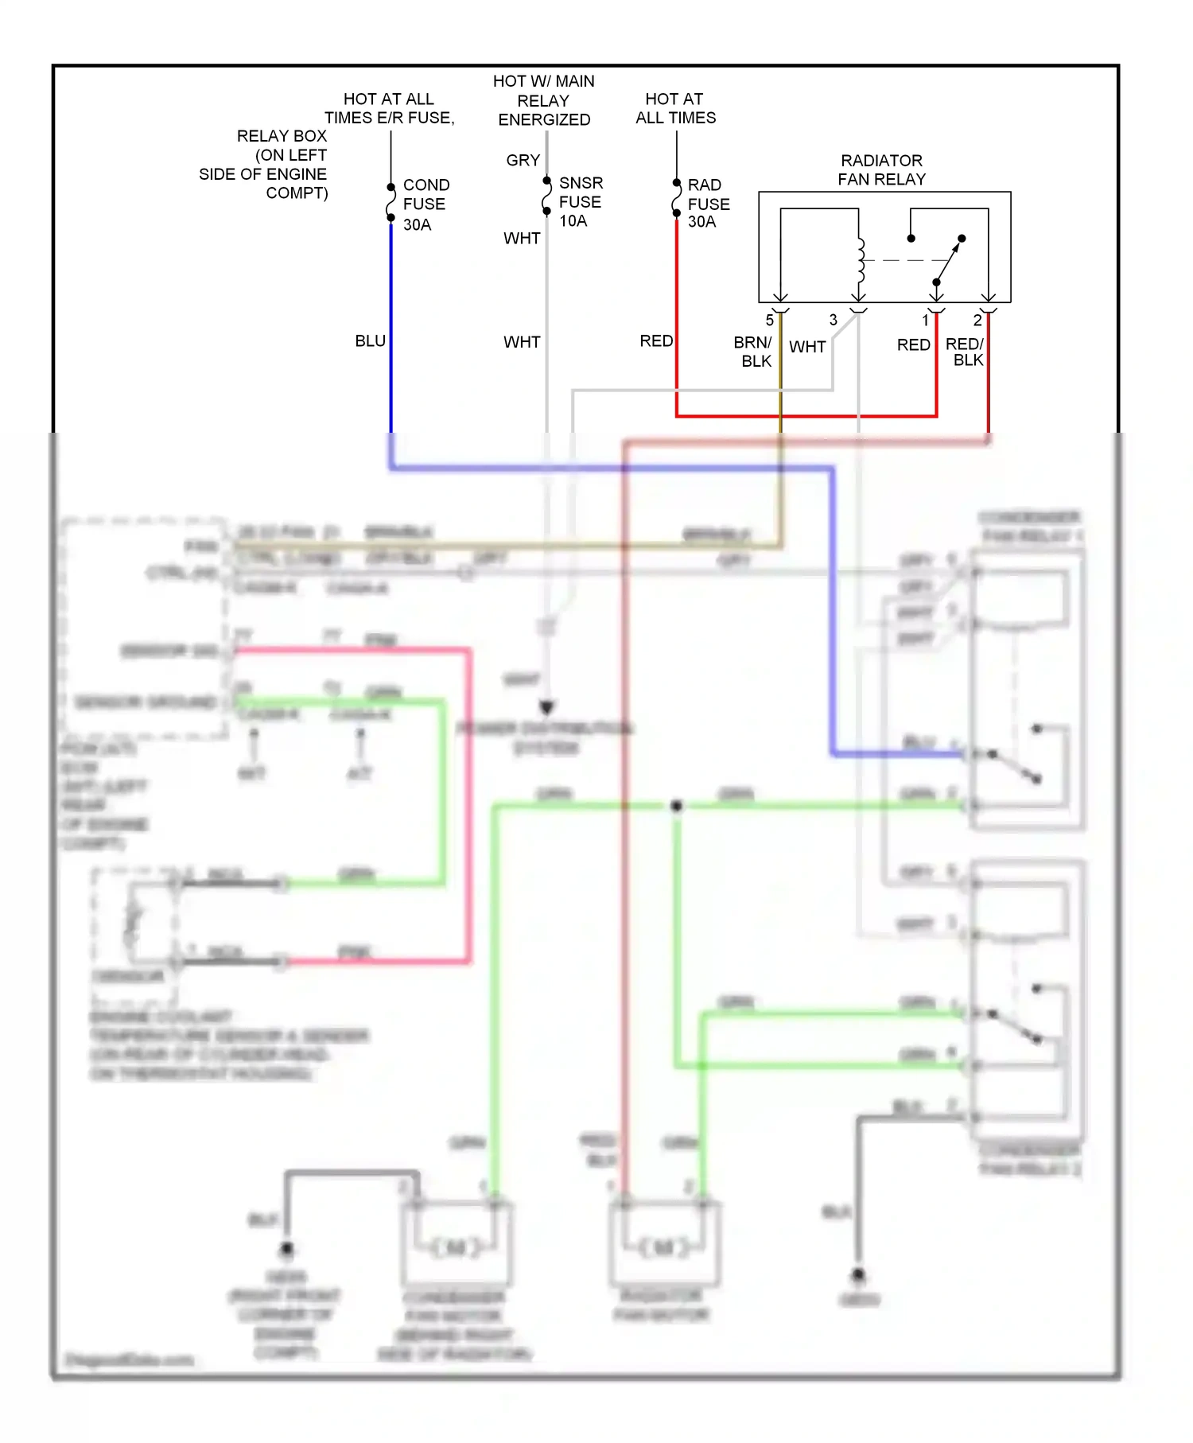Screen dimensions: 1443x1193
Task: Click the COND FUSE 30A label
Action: [x=426, y=204]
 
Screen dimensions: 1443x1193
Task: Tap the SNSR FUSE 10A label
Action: [x=581, y=202]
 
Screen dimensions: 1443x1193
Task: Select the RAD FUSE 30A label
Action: [x=708, y=204]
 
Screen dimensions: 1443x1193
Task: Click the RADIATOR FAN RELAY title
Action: [x=881, y=170]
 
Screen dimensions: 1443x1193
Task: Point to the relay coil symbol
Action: [x=860, y=259]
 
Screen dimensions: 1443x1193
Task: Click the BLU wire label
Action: [x=370, y=341]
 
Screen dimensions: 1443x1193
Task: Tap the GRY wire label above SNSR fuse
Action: [x=523, y=161]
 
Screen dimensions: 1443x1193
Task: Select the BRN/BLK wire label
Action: [x=752, y=352]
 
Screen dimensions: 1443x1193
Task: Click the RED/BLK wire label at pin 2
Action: [x=966, y=352]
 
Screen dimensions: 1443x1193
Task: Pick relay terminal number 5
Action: [x=769, y=321]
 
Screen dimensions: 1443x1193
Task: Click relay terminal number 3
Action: [x=833, y=320]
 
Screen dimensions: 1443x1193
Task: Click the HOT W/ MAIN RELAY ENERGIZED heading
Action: [x=544, y=100]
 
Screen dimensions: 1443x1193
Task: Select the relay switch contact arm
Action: [x=948, y=261]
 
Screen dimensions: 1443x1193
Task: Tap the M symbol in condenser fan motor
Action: [x=457, y=1248]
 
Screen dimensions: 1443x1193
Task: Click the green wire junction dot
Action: [x=676, y=806]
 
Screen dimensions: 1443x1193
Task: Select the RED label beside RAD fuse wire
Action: [x=656, y=341]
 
